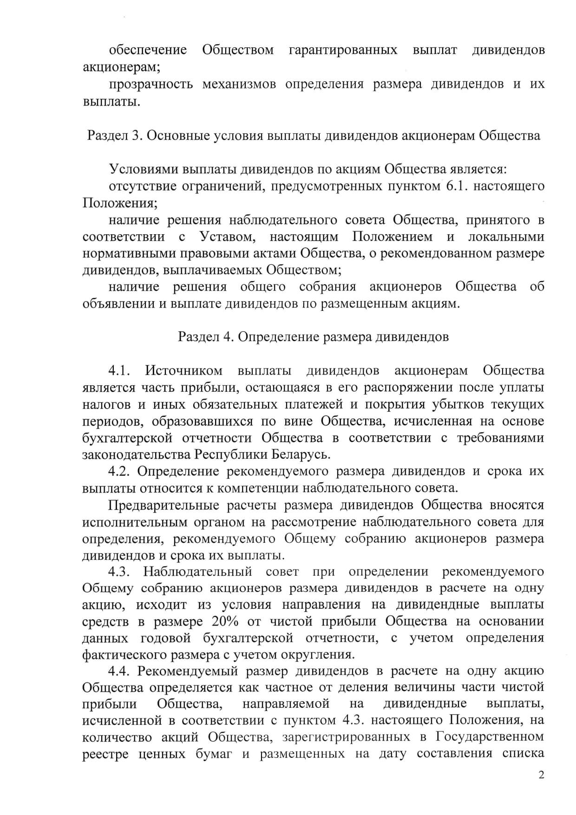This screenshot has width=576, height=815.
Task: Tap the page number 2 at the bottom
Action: pyautogui.click(x=541, y=774)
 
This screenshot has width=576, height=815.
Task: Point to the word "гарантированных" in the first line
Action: pyautogui.click(x=343, y=50)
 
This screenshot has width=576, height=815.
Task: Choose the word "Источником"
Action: pyautogui.click(x=183, y=370)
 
